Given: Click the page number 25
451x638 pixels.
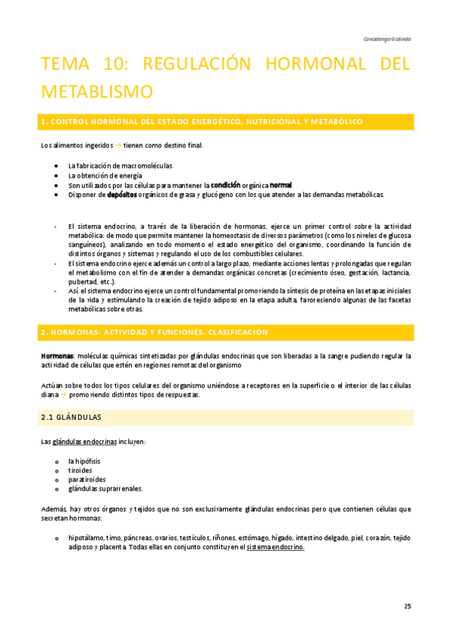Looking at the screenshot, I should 407,606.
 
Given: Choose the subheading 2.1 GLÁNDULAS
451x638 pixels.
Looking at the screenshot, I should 71,416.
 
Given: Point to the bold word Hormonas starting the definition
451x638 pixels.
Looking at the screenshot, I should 57,355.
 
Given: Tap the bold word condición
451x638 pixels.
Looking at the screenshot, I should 225,185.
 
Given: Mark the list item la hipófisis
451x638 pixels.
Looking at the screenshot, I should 84,460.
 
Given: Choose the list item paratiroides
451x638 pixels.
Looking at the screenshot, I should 87,478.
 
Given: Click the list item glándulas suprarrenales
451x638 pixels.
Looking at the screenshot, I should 105,488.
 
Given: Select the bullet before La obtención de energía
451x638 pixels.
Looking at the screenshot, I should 57,175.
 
